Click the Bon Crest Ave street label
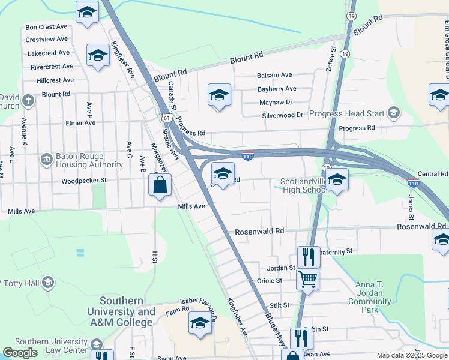(x=46, y=27)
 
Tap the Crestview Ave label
(x=47, y=40)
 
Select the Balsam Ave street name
(x=274, y=75)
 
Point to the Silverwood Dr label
(x=282, y=115)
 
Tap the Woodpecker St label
(x=84, y=180)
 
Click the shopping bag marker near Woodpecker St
(x=160, y=185)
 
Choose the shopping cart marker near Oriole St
(x=307, y=279)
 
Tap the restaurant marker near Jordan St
(x=309, y=256)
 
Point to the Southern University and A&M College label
(x=121, y=311)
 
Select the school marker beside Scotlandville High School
(x=337, y=179)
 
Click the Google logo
(x=20, y=353)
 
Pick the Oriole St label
(x=270, y=280)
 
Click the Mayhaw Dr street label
(x=276, y=103)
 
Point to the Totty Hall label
(x=24, y=282)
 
